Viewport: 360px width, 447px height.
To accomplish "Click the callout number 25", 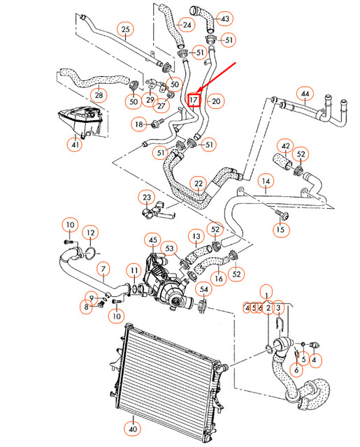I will tap(125, 29).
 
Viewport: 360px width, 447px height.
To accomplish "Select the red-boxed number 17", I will tap(194, 101).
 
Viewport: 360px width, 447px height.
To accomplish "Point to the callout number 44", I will tap(304, 93).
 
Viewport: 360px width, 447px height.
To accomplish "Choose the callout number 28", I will tap(99, 94).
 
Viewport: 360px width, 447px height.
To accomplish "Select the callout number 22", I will tap(199, 184).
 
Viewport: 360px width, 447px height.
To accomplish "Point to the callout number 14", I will tap(266, 184).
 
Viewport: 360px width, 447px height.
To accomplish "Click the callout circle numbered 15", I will tap(281, 228).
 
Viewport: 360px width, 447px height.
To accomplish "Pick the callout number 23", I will tap(146, 197).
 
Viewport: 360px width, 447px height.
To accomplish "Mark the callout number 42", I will tap(285, 146).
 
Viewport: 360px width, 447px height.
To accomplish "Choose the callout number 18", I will tap(139, 124).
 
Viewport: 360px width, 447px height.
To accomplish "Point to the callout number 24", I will tap(186, 25).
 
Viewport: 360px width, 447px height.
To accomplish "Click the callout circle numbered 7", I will tap(103, 268).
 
